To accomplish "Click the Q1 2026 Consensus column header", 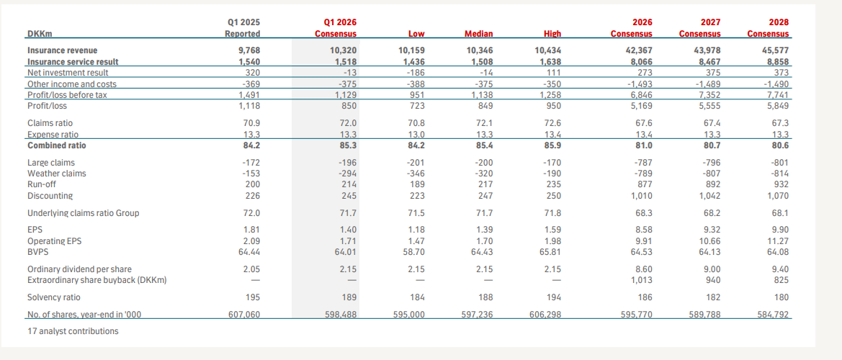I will tap(336, 28).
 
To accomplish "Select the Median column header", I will tap(479, 34).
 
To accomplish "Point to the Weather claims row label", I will tap(56, 174).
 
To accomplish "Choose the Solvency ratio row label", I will tap(54, 297).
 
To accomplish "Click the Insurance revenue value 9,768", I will tap(249, 50).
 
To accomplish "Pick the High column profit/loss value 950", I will tap(552, 106).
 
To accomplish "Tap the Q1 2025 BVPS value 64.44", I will tap(248, 252).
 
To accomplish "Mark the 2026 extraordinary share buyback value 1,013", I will tap(640, 280).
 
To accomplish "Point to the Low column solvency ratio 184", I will tap(416, 297).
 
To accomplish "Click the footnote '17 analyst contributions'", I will tap(73, 331).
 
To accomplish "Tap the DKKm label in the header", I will tap(40, 34).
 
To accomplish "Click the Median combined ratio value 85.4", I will tap(484, 145).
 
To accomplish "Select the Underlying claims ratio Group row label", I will tap(84, 213).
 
